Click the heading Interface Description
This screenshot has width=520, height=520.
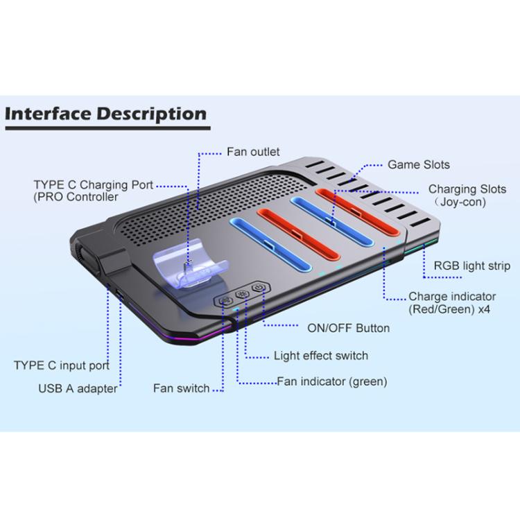[105, 114]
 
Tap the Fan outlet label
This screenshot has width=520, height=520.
[253, 151]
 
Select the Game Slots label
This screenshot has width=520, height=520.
[418, 164]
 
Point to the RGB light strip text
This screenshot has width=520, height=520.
[471, 266]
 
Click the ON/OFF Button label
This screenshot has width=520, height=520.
[348, 327]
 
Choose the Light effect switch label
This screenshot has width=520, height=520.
[320, 356]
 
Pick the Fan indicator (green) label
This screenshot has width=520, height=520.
[331, 381]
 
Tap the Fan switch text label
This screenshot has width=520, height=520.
[181, 388]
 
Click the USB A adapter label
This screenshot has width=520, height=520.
[78, 388]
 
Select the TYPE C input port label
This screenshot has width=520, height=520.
[61, 365]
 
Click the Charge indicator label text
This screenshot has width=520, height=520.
[452, 296]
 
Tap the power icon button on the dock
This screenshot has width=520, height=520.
[259, 287]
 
